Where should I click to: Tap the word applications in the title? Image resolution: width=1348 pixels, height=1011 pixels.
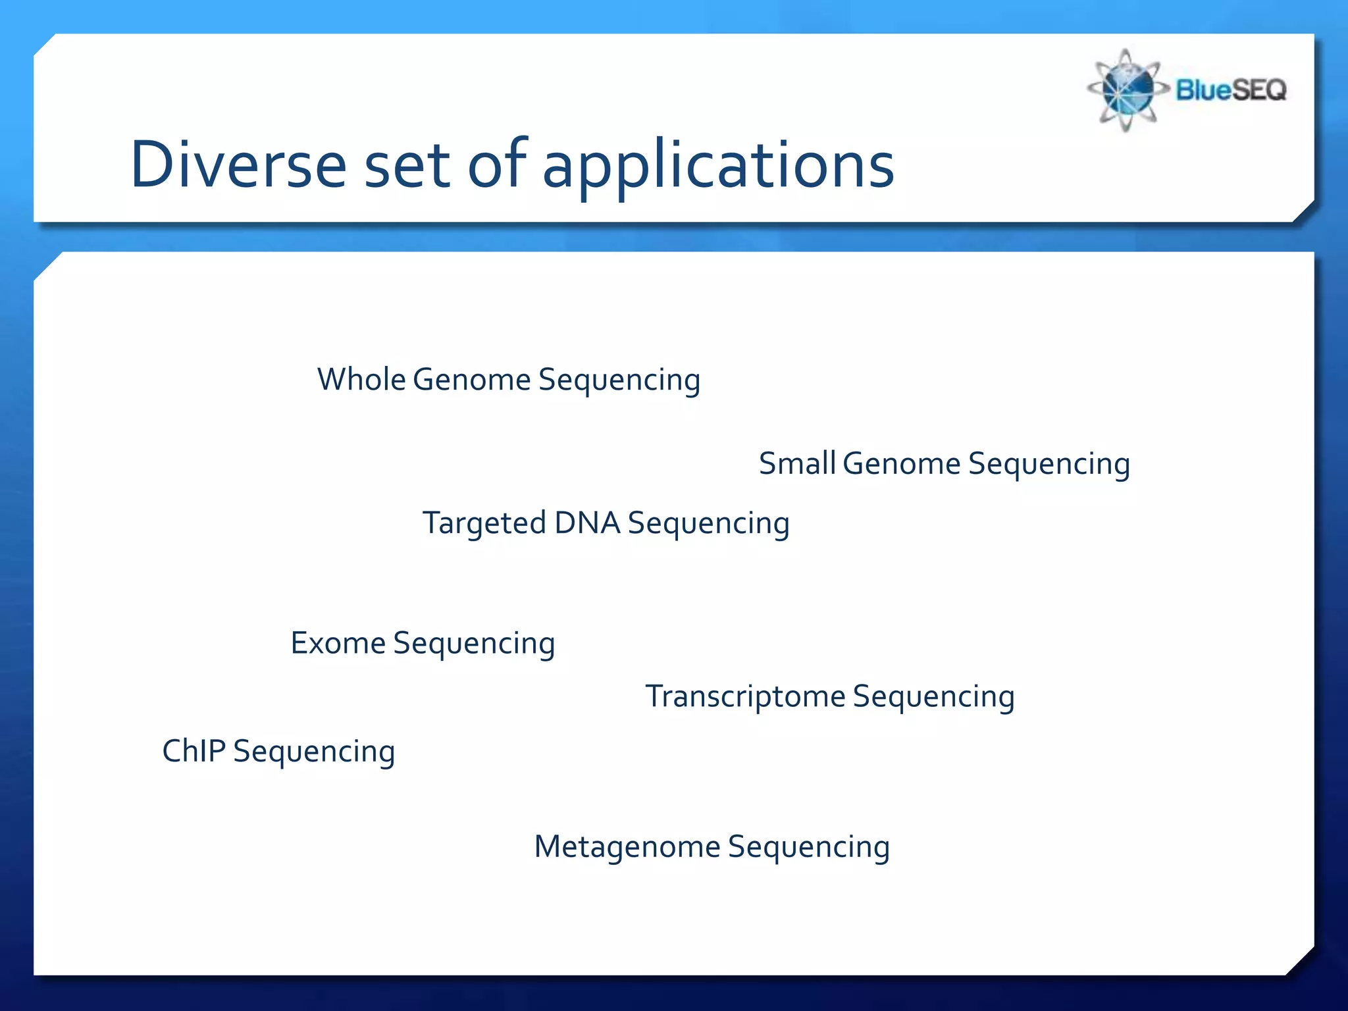point(718,166)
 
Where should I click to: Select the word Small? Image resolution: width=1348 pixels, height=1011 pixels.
point(797,463)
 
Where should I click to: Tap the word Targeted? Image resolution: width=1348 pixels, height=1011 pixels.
point(484,524)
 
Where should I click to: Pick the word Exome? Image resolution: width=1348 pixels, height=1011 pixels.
point(338,644)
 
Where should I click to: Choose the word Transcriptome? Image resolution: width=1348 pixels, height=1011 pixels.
point(745,697)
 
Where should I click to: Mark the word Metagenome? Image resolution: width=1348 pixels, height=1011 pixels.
point(627,847)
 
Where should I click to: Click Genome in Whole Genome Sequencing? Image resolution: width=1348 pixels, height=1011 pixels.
point(471,380)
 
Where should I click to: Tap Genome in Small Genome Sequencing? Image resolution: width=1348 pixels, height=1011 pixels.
point(901,464)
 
